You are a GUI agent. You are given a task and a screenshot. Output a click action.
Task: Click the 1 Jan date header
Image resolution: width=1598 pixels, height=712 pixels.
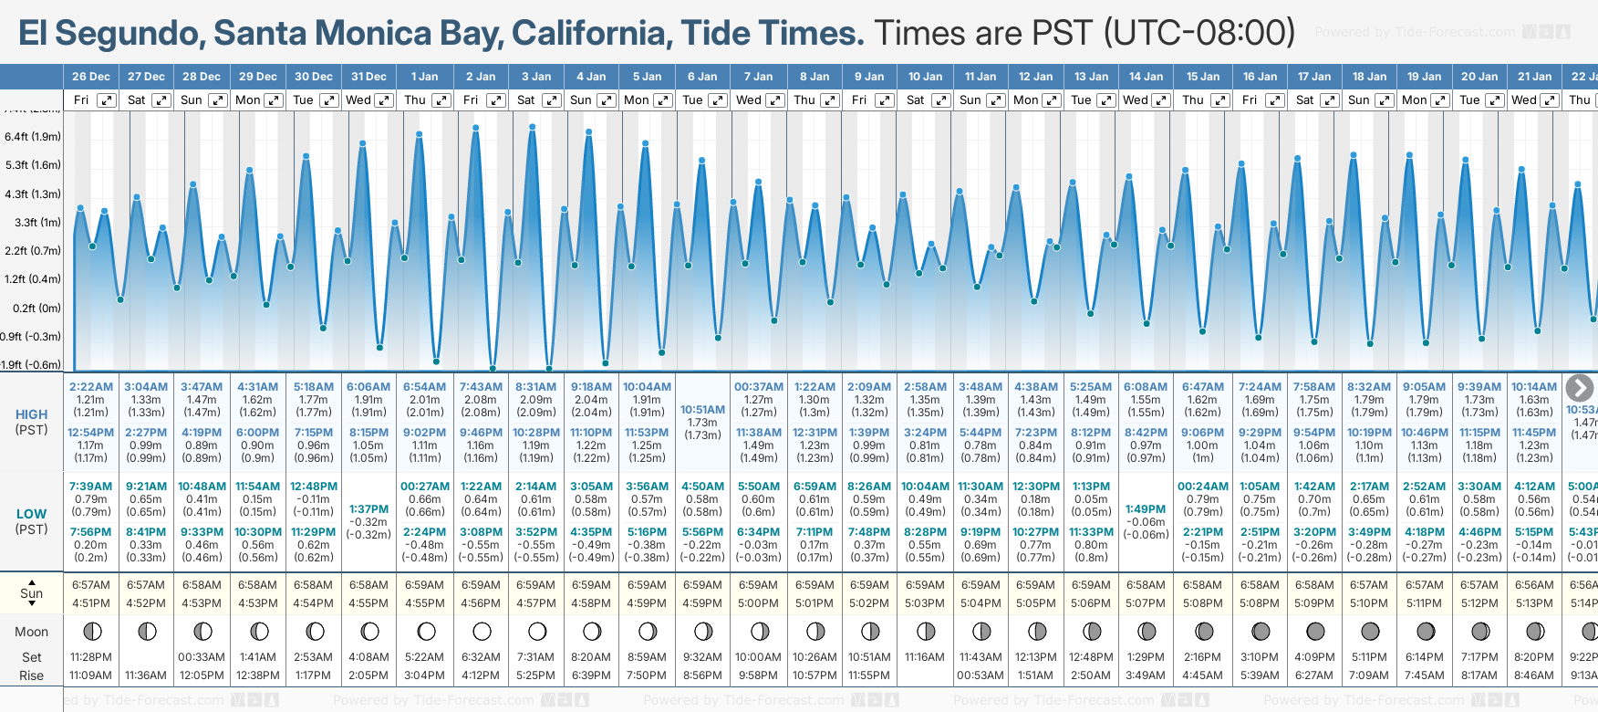click(x=424, y=77)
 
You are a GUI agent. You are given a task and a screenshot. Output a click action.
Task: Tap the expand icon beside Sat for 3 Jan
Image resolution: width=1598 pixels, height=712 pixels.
click(x=551, y=100)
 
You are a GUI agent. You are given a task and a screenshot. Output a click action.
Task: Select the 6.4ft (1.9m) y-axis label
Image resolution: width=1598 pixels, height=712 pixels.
click(x=33, y=137)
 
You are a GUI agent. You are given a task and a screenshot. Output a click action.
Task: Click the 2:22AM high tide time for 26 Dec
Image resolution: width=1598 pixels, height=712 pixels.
click(x=90, y=387)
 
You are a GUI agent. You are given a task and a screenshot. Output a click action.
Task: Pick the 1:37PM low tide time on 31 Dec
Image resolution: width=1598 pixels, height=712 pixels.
click(x=368, y=509)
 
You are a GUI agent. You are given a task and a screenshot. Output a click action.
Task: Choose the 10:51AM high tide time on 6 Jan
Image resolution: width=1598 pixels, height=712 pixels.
click(x=702, y=410)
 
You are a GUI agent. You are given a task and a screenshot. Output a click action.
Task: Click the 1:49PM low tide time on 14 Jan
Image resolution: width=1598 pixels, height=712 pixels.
click(x=1146, y=509)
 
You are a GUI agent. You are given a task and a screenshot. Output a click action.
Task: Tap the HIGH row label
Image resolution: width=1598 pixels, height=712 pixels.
click(x=31, y=414)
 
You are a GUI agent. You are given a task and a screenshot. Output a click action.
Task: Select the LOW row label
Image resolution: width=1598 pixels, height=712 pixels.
click(x=31, y=514)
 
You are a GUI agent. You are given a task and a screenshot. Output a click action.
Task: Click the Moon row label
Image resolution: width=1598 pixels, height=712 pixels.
click(x=31, y=632)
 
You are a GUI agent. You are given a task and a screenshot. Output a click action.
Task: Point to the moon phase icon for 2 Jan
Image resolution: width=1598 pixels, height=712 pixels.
click(x=482, y=632)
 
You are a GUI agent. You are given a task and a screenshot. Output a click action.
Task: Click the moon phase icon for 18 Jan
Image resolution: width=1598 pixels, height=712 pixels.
click(x=1370, y=632)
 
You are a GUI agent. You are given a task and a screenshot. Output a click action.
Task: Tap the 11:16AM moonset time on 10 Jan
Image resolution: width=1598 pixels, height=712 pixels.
click(x=925, y=657)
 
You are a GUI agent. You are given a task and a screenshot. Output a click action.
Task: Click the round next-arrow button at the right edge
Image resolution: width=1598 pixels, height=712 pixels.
click(x=1579, y=388)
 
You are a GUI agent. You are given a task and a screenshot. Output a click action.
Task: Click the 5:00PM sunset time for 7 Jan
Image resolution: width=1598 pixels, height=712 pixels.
click(x=758, y=603)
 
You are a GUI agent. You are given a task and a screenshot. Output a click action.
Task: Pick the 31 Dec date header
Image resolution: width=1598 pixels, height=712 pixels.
click(x=368, y=77)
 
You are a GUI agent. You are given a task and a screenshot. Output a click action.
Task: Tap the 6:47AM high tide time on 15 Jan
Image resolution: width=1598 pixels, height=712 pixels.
click(x=1202, y=387)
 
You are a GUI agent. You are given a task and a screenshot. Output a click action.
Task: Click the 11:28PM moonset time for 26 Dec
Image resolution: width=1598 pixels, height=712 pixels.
click(x=90, y=657)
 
